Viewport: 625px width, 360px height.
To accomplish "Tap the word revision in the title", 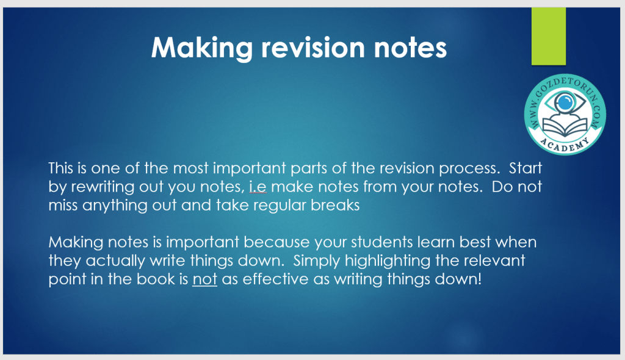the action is pos(313,47).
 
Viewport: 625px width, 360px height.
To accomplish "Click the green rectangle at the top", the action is pos(549,36).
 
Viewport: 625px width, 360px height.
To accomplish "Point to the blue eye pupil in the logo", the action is pos(565,103).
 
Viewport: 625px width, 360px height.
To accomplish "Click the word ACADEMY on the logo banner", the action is pos(565,145).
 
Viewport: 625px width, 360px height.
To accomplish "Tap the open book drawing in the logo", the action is pos(565,127).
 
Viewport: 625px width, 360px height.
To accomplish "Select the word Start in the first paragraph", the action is pos(526,168).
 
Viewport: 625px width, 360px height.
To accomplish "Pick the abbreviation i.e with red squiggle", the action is pos(258,187).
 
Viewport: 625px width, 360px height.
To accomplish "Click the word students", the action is pos(376,242).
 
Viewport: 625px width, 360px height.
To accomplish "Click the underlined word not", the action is pos(205,279).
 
